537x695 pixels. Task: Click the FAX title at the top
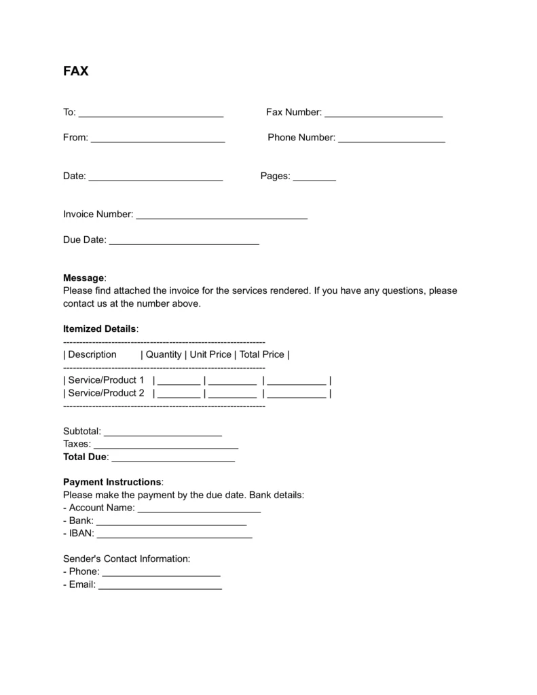click(x=75, y=71)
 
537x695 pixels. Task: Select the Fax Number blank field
click(x=384, y=113)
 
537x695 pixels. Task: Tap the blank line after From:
click(x=158, y=138)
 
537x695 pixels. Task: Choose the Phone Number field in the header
click(x=391, y=138)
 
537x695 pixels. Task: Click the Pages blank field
click(x=314, y=177)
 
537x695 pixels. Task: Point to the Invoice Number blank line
click(x=221, y=215)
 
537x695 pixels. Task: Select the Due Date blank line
click(x=184, y=241)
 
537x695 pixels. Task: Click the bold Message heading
click(x=84, y=278)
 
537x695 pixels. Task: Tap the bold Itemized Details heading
click(x=99, y=329)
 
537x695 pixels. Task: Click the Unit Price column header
click(x=210, y=354)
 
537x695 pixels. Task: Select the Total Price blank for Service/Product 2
click(x=297, y=394)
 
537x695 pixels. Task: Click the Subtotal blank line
click(x=162, y=432)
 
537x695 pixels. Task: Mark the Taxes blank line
click(x=166, y=445)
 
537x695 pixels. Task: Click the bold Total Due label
click(x=85, y=457)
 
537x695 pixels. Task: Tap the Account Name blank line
click(x=199, y=509)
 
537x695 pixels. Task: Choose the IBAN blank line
click(x=174, y=535)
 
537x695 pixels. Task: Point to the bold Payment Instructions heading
click(x=112, y=482)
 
